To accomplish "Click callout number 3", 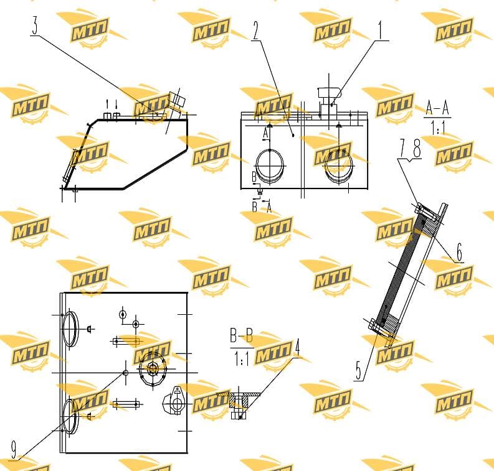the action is (36, 26).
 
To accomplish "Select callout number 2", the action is (255, 30).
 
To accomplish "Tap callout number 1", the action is (381, 30).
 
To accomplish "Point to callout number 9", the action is (14, 450).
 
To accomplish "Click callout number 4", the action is (297, 348).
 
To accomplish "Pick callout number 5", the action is (359, 371).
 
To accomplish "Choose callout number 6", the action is (459, 252).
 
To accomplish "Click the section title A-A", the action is (437, 108).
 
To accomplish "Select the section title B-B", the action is (241, 337).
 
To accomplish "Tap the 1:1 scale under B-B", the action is (242, 358).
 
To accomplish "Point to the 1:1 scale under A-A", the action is (437, 128).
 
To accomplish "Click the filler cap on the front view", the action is (330, 93).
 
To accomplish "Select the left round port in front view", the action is (270, 166).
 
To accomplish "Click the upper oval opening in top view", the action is (70, 329).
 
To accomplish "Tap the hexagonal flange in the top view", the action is (153, 369).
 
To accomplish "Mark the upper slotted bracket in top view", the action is (126, 341).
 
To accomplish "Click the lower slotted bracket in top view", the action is (126, 404).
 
